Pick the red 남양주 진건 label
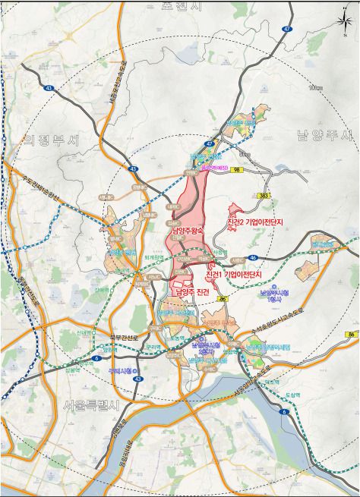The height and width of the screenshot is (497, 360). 191,292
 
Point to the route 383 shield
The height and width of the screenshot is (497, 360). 264,195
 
